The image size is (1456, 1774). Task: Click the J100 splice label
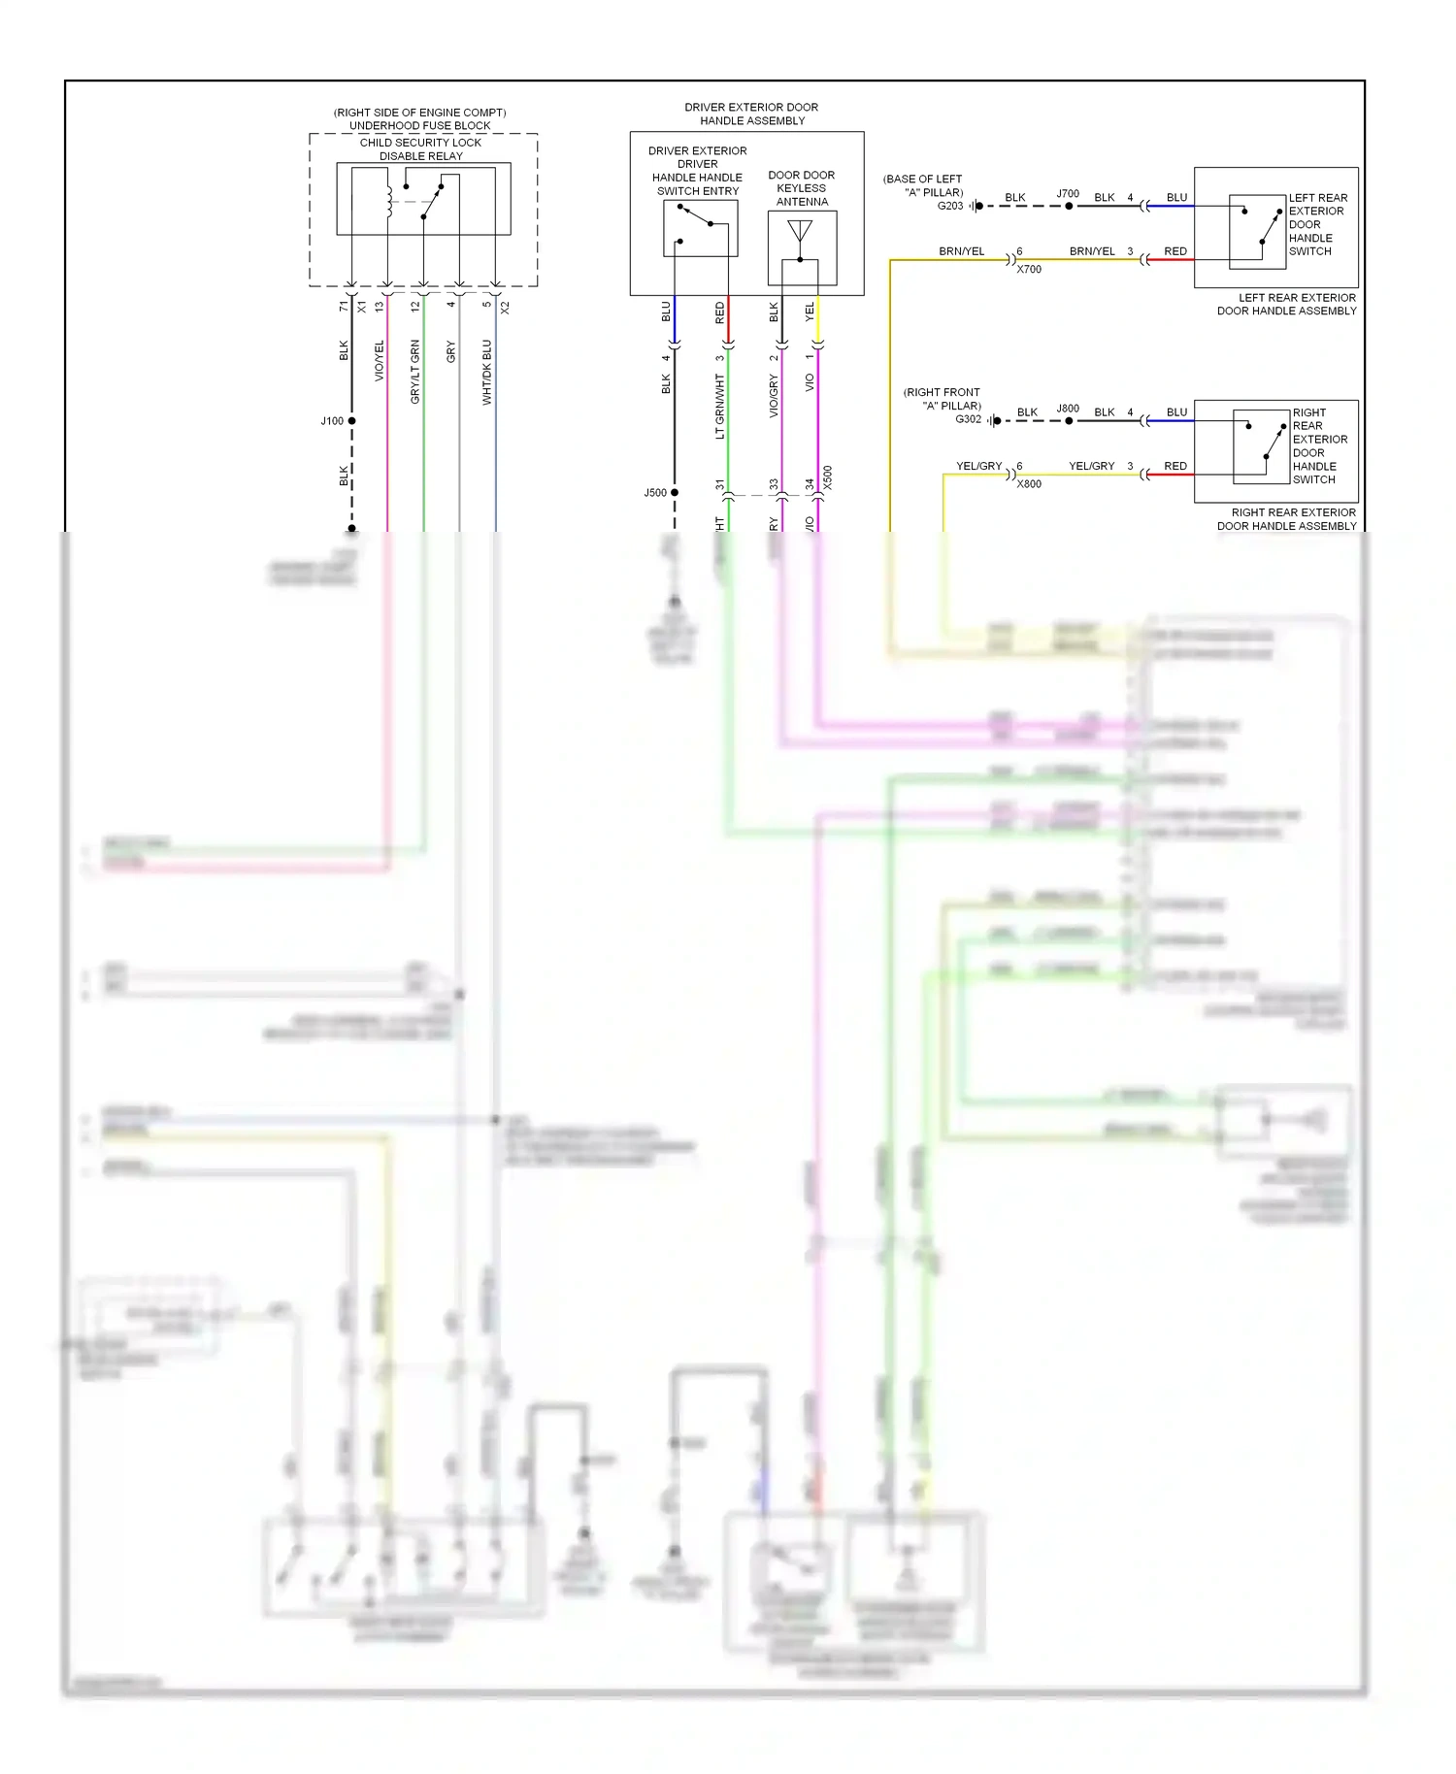pos(331,421)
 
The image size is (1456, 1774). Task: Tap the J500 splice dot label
pos(655,493)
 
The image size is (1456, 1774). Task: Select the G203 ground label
pos(950,206)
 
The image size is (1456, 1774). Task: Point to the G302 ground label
pos(968,419)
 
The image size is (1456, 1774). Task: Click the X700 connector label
pos(1029,270)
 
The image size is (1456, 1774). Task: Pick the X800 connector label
pos(1029,484)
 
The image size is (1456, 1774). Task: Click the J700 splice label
pos(1068,194)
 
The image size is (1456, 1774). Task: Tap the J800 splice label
pos(1068,409)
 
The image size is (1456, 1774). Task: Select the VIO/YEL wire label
pos(380,360)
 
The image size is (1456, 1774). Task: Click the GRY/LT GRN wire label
pos(415,372)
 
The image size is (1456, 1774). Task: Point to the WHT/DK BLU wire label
pos(487,372)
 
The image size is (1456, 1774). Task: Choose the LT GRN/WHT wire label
pos(720,407)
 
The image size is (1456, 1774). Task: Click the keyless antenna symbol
pos(800,233)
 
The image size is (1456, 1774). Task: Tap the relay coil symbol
pos(388,201)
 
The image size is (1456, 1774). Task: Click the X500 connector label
pos(828,477)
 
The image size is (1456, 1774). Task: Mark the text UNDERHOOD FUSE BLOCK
pos(419,126)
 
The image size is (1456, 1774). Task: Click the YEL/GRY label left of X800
pos(978,467)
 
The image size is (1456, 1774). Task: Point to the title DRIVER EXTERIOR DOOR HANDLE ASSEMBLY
pos(751,115)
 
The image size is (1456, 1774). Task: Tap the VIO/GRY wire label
pos(775,397)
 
